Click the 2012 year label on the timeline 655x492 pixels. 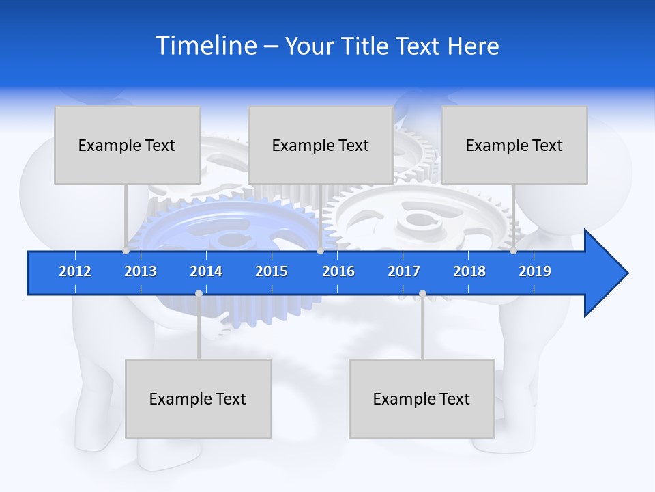(75, 271)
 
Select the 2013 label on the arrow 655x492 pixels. (141, 271)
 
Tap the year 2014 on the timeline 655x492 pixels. (206, 271)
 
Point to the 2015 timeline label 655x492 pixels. (272, 271)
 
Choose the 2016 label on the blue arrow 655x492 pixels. (338, 271)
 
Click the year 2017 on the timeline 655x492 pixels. (404, 271)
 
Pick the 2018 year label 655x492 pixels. (469, 271)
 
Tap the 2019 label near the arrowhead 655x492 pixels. (535, 271)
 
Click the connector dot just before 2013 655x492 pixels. (126, 251)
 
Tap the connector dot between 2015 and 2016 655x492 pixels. (320, 251)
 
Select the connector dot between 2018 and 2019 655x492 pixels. (513, 251)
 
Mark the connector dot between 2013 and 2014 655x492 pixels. (199, 293)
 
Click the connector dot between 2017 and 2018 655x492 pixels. (422, 293)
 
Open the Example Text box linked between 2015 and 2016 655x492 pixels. (321, 145)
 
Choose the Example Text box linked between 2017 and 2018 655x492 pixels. (422, 398)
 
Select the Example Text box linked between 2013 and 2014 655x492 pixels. (198, 398)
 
